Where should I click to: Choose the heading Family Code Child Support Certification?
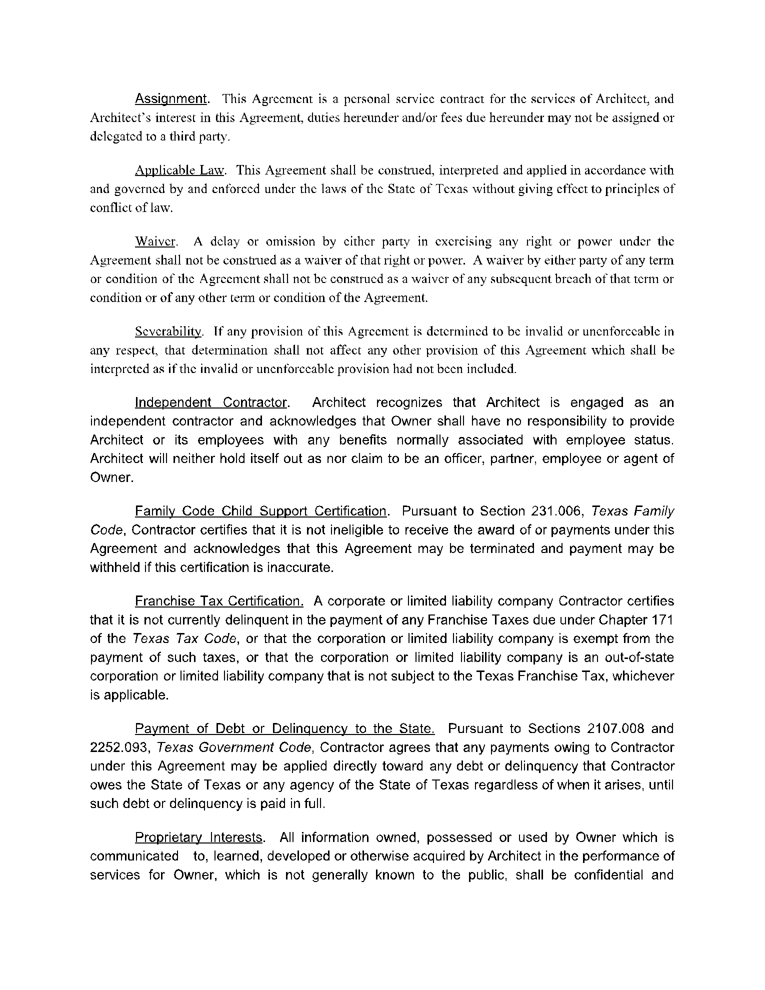click(x=261, y=511)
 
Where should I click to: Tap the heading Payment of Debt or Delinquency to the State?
click(x=284, y=728)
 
